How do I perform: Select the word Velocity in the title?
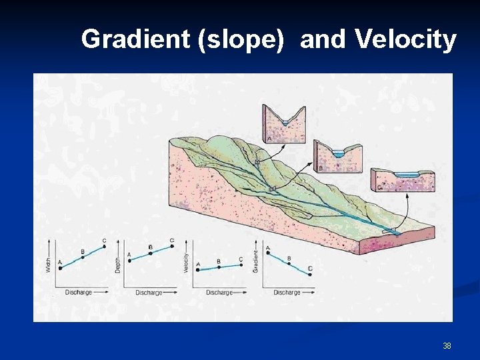405,40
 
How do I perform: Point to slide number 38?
447,346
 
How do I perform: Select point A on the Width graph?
61,268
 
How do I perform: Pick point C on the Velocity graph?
240,265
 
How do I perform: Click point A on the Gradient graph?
268,252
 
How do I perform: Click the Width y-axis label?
48,265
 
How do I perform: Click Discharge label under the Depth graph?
149,293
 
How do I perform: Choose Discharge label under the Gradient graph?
287,293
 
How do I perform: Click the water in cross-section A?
285,123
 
